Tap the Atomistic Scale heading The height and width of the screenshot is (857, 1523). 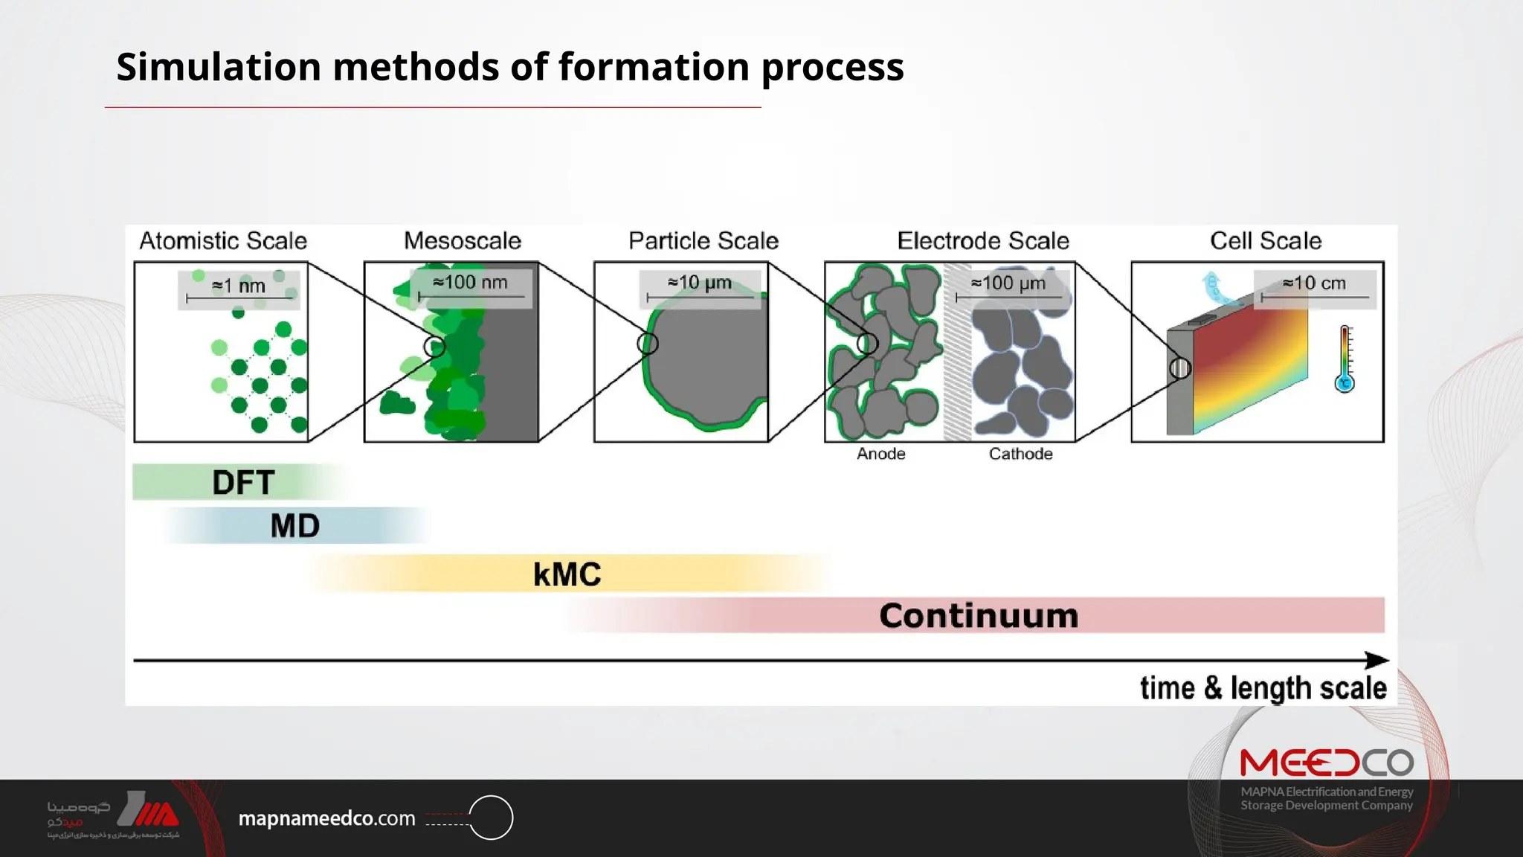[x=223, y=240]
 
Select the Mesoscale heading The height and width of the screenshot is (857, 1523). [x=462, y=240]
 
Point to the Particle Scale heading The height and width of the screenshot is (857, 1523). [x=703, y=240]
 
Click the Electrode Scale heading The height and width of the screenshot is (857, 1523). [x=982, y=240]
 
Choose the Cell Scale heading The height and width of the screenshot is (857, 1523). [x=1265, y=240]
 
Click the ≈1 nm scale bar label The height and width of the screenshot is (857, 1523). [x=238, y=286]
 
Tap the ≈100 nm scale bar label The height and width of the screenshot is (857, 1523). [x=470, y=283]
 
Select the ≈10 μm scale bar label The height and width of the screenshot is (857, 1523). [x=699, y=283]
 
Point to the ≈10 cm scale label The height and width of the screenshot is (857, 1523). [x=1314, y=283]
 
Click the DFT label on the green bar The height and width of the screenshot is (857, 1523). [x=243, y=483]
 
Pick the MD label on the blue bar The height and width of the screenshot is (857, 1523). [x=294, y=526]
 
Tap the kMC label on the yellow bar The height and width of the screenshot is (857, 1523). [x=567, y=574]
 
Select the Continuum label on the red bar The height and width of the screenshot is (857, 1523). [x=978, y=616]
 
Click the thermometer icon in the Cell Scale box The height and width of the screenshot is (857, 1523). [x=1345, y=359]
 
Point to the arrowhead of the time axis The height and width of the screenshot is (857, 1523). [x=1377, y=660]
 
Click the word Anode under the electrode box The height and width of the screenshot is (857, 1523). [x=880, y=454]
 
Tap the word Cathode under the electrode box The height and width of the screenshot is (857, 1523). [x=1020, y=454]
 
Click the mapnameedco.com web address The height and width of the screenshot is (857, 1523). [x=326, y=818]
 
